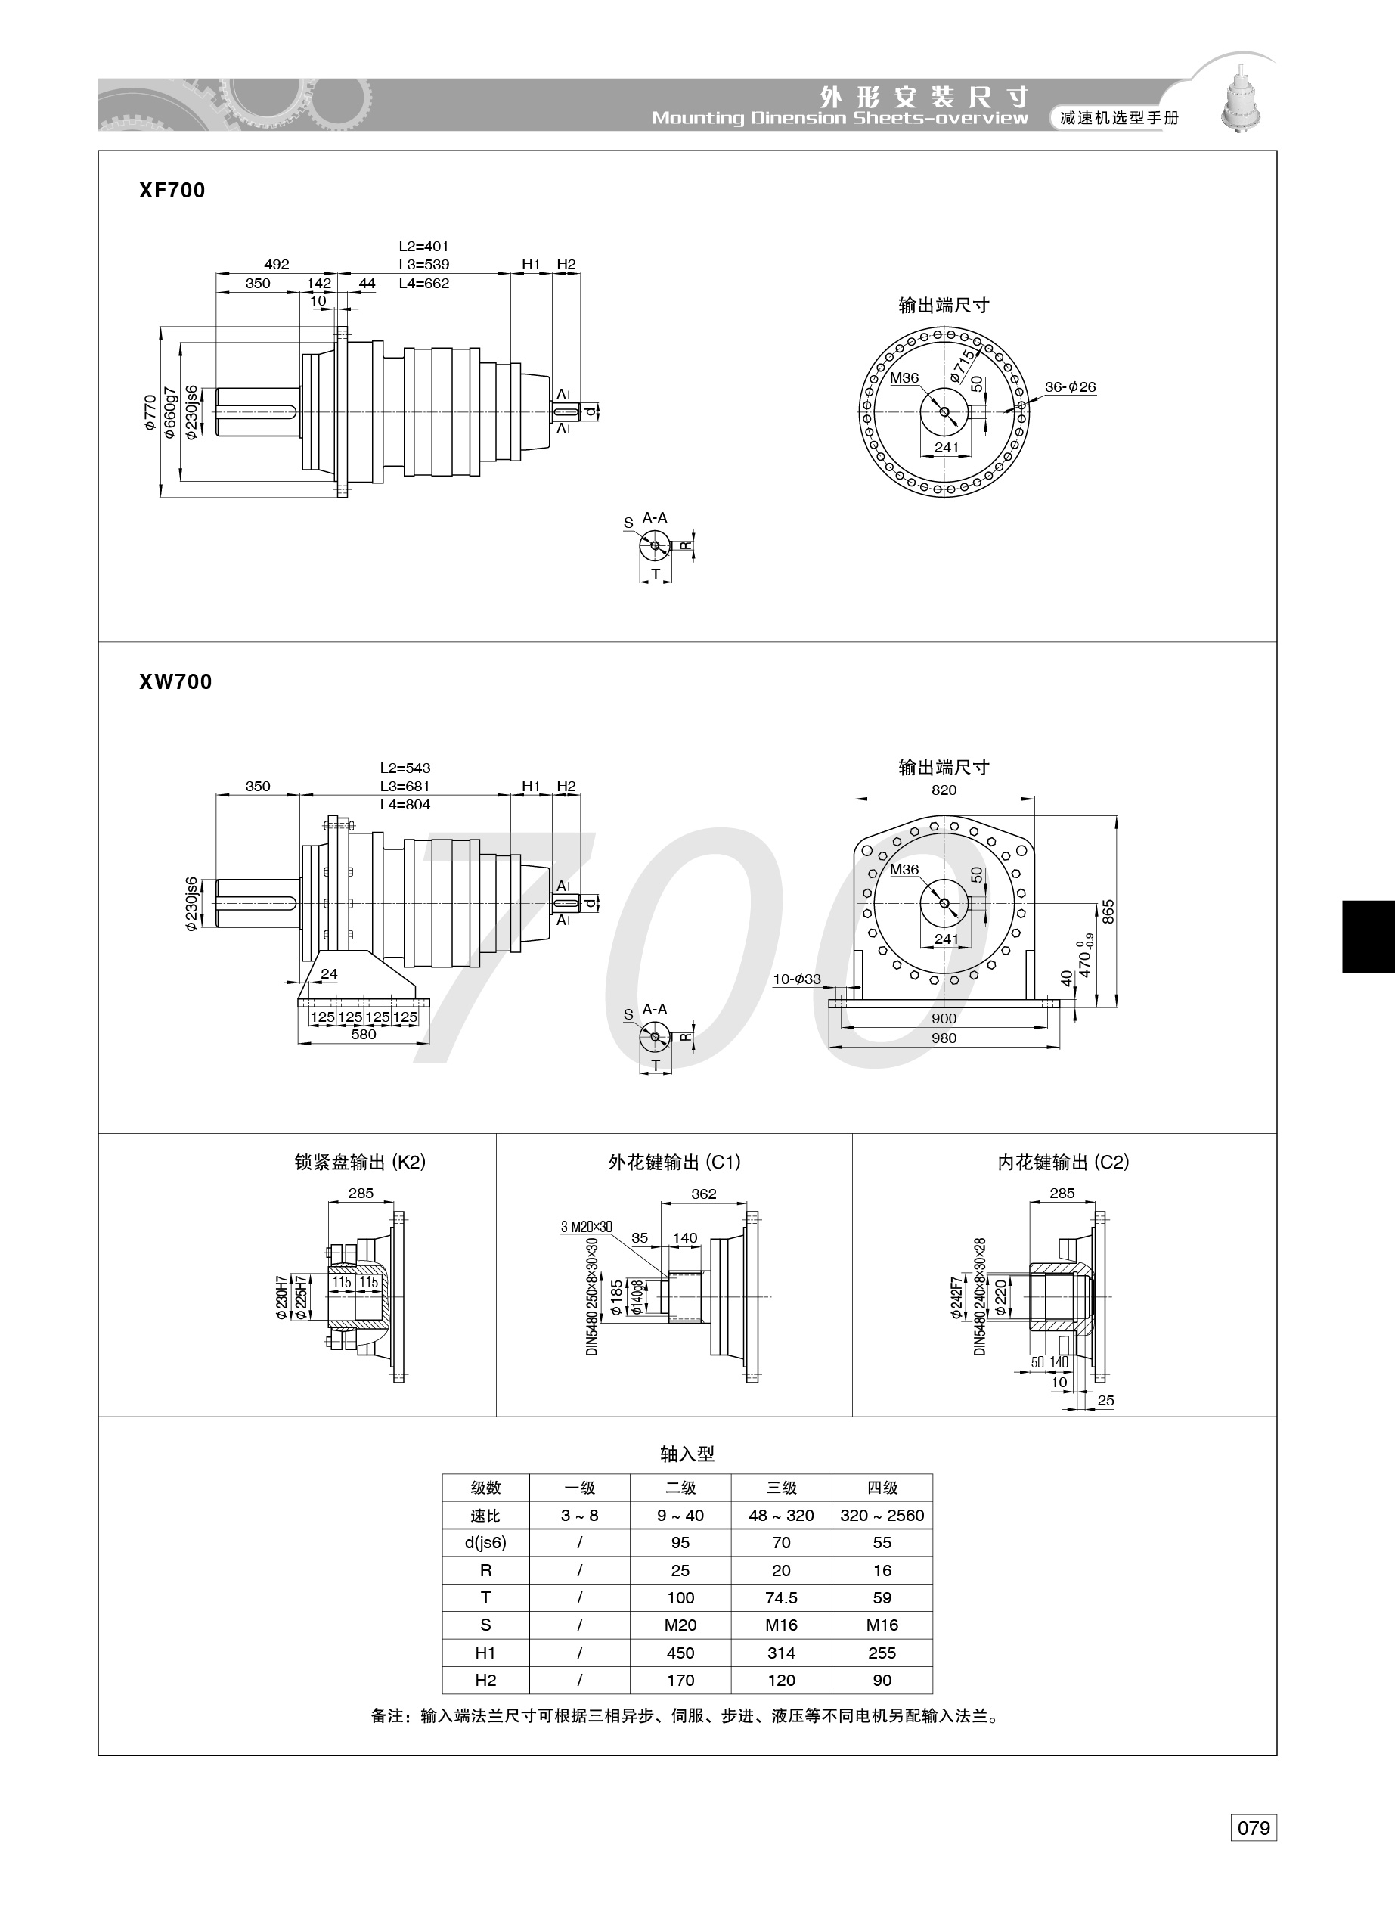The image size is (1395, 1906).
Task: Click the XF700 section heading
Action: (172, 190)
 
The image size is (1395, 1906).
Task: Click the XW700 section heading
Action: (175, 681)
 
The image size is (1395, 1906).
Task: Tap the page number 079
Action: (1253, 1827)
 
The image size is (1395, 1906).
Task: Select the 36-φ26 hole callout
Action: (1070, 386)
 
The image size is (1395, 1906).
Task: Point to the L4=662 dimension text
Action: (424, 284)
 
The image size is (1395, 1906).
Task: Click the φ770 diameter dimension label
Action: (150, 413)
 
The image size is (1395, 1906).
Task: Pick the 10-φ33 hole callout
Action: (797, 979)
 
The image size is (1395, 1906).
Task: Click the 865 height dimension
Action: (1108, 912)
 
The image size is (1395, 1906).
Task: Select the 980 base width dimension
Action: (944, 1038)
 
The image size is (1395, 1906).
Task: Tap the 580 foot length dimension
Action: (363, 1035)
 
